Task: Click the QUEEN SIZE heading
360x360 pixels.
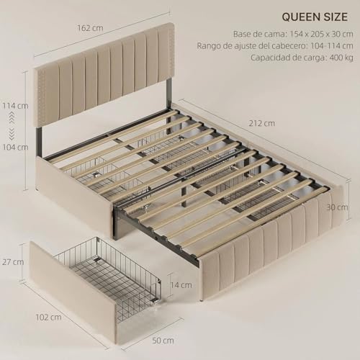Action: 312,16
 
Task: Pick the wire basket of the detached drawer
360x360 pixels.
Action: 108,270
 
